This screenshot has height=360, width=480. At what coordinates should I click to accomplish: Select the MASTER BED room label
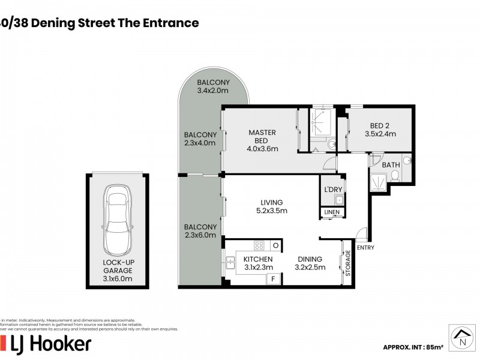(262, 140)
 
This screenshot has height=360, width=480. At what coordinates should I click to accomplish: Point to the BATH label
(391, 164)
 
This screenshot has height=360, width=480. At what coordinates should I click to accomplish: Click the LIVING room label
(271, 206)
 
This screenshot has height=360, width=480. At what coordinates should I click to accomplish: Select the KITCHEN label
(258, 263)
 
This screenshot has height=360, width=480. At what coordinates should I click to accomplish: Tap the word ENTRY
(365, 247)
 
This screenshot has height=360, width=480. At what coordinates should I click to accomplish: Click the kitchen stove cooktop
(260, 245)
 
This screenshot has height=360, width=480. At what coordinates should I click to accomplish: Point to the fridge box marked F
(274, 279)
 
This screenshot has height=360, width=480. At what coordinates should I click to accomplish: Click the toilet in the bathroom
(395, 176)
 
